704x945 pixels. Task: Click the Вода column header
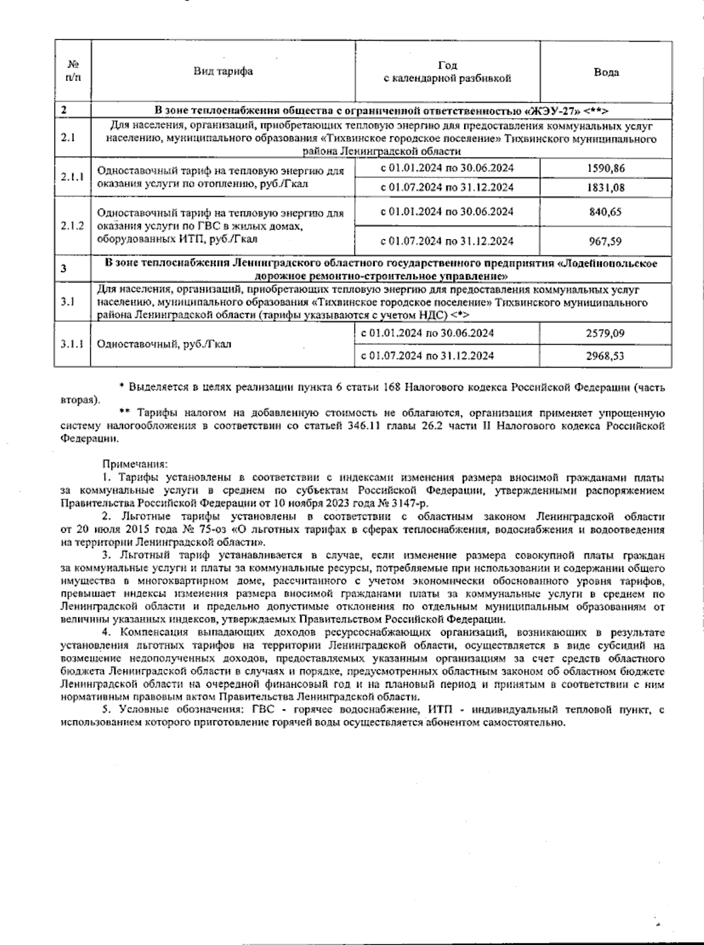606,72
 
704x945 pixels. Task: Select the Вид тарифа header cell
224,71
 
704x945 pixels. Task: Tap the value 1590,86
605,168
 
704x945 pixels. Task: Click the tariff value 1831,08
605,187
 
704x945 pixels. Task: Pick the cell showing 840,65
605,211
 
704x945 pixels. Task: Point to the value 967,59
605,241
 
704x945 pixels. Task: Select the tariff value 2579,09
605,333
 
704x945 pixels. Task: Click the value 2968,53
605,355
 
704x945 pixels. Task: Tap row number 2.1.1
72,177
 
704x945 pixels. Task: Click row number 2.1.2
72,226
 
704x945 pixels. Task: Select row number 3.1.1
72,344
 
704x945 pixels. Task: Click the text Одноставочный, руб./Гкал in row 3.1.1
164,344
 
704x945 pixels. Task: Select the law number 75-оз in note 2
207,529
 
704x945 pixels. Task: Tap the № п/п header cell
73,71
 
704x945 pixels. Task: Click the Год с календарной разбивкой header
447,72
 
